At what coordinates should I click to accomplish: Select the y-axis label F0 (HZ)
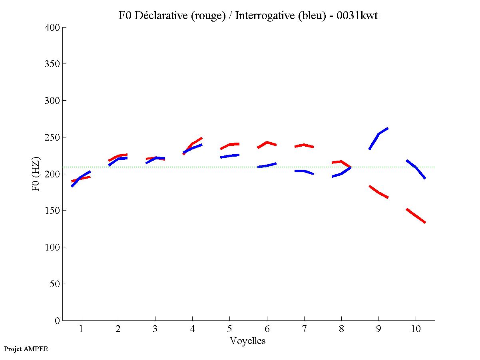tap(36, 174)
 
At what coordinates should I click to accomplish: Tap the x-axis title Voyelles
tap(248, 341)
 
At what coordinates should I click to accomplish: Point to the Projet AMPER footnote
tap(26, 349)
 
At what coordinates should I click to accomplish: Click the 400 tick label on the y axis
tap(52, 28)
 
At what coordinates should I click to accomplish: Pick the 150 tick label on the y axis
tap(52, 211)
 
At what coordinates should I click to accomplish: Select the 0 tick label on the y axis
tap(58, 320)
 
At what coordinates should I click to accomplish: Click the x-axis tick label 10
tap(416, 330)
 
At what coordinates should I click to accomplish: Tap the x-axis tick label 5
tap(229, 330)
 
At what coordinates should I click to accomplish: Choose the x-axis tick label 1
tap(81, 330)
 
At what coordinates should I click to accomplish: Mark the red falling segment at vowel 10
tap(416, 216)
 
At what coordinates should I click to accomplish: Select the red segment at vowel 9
tap(378, 192)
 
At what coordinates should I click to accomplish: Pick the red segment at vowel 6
tap(267, 143)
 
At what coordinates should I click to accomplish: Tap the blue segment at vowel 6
tap(267, 165)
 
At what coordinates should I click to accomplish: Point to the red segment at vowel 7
tap(304, 145)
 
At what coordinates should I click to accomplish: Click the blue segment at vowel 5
tap(229, 155)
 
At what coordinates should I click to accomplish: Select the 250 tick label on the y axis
tap(52, 137)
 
